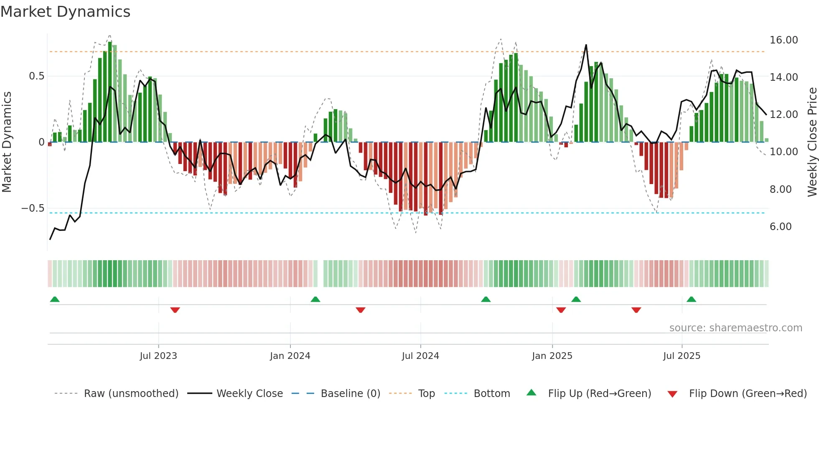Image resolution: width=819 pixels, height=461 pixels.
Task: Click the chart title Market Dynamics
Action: tap(65, 12)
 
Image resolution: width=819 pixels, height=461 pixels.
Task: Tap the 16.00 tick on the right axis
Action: tap(783, 40)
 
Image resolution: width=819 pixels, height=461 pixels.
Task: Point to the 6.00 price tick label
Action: tap(781, 227)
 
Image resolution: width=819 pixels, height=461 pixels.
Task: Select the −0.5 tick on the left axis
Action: tap(33, 208)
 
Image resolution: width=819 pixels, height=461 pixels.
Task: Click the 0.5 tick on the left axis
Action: tap(36, 76)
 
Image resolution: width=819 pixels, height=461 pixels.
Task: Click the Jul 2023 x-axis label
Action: tap(158, 356)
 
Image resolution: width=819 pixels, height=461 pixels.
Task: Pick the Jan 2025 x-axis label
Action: tap(552, 356)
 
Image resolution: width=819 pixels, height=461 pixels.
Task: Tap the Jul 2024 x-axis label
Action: tap(420, 356)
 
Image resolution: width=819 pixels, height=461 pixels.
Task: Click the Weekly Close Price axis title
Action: tap(812, 142)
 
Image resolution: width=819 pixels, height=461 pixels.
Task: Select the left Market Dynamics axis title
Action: tap(7, 142)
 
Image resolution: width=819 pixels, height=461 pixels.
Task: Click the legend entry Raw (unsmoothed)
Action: tap(131, 394)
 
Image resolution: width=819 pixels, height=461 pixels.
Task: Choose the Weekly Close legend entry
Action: tap(249, 394)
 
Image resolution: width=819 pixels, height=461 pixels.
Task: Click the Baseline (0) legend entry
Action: tap(350, 394)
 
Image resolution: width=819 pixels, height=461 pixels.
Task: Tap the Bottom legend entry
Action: tap(491, 394)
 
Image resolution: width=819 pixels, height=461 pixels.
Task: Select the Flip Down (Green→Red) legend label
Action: tap(748, 394)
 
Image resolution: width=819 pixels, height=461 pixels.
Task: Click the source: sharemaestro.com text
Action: tap(735, 328)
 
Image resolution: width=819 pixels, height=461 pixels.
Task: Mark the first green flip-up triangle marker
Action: tap(55, 299)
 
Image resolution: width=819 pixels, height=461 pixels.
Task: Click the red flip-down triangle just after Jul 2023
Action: tap(175, 310)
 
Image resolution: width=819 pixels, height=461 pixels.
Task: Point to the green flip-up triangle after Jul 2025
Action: tap(691, 299)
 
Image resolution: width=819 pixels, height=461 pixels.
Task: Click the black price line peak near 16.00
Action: tap(586, 45)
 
